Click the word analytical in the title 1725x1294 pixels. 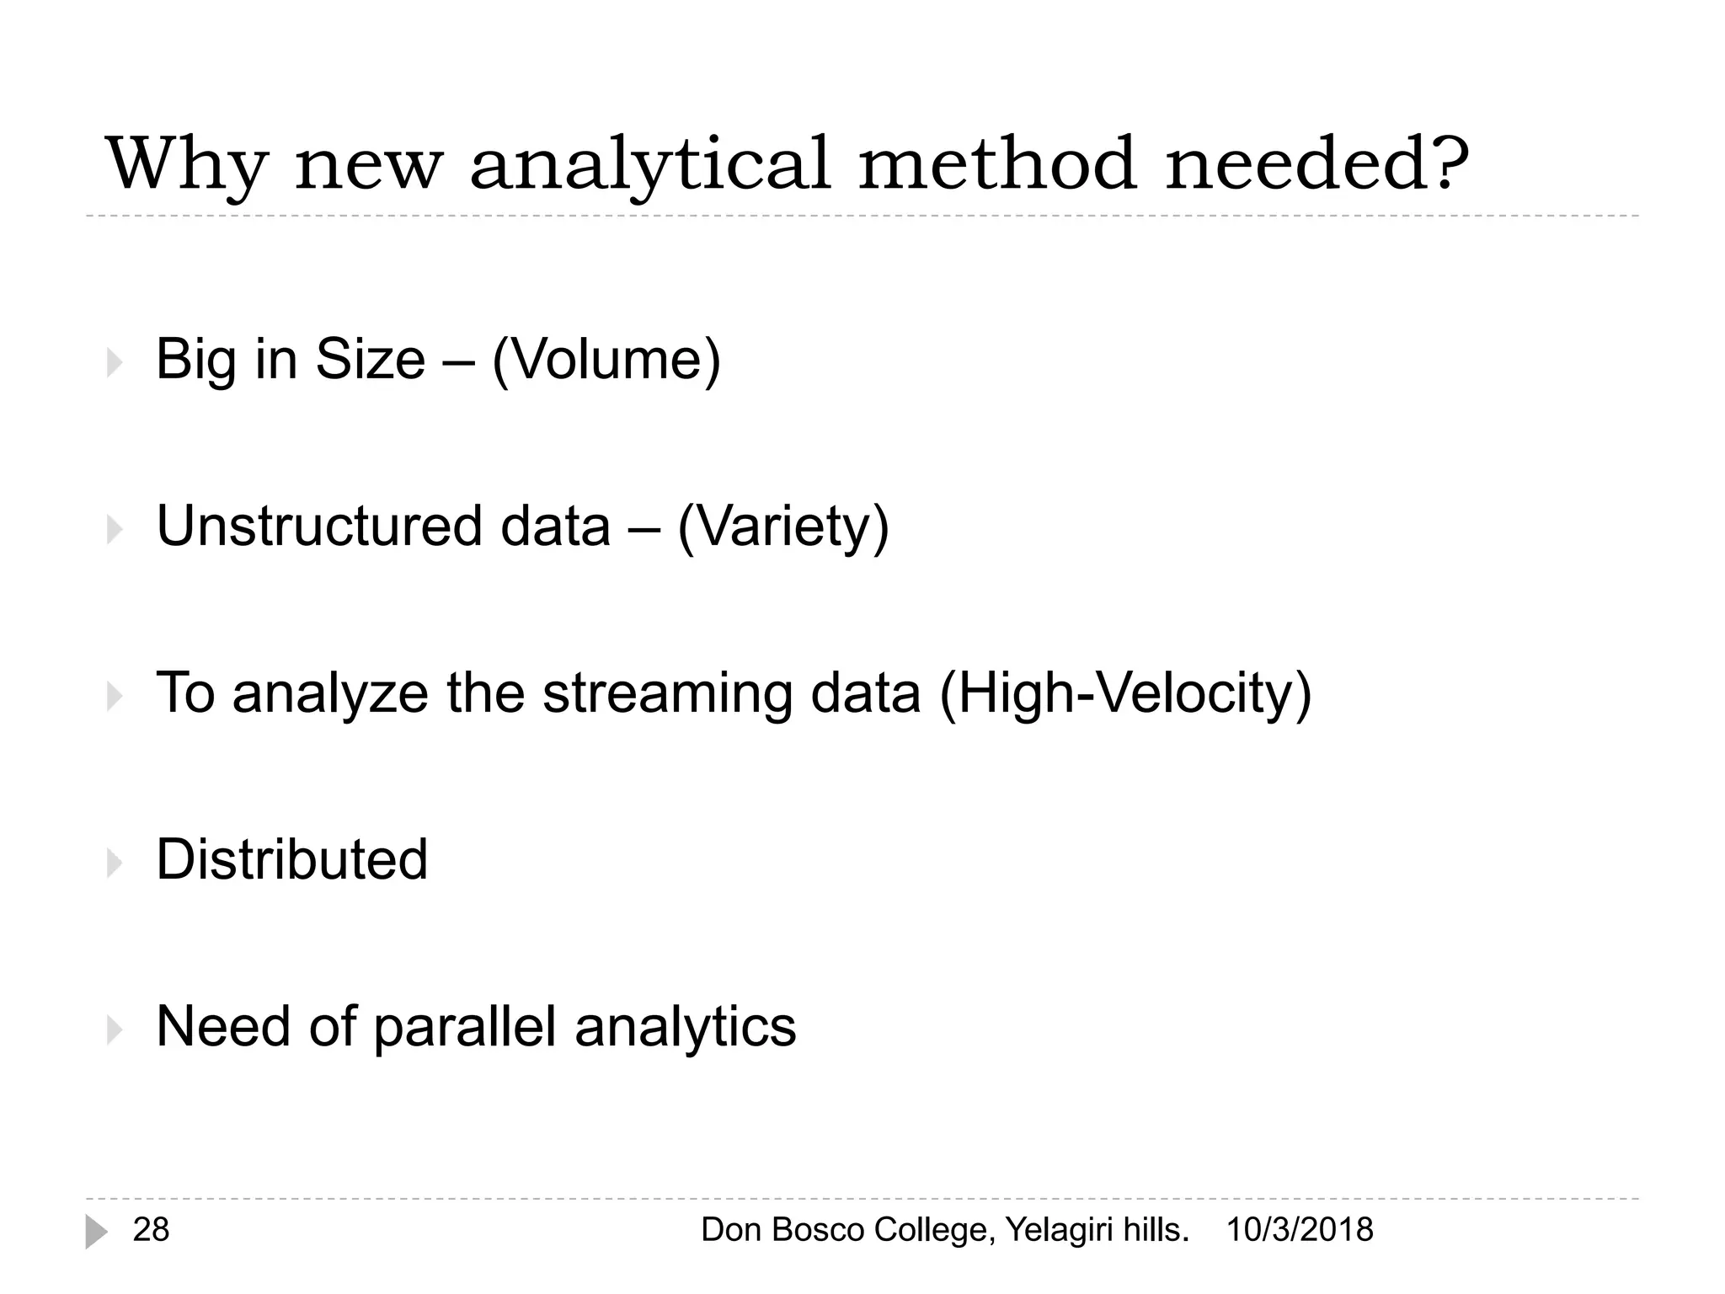tap(649, 164)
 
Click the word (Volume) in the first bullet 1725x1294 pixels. tap(606, 360)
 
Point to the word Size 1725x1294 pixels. tap(370, 360)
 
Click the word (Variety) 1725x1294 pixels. tap(783, 527)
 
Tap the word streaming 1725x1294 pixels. tap(667, 693)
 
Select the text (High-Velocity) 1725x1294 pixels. tap(1126, 693)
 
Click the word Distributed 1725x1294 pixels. tap(292, 859)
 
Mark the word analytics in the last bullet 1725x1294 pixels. tap(685, 1027)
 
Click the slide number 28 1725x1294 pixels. tap(152, 1230)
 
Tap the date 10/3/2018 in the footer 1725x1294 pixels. tap(1300, 1230)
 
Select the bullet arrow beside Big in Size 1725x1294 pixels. tap(115, 363)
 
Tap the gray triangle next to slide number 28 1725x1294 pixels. tap(96, 1232)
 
